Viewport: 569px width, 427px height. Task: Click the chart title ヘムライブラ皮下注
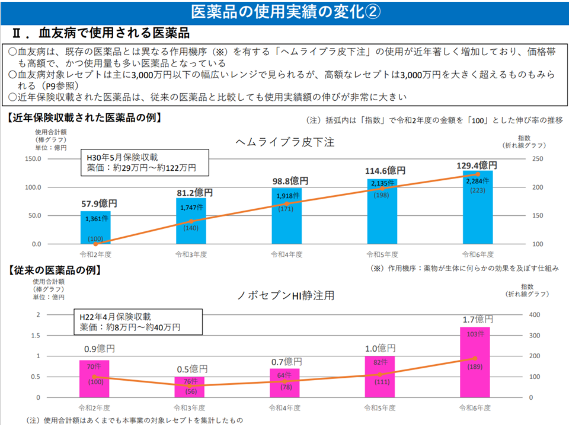[x=285, y=142]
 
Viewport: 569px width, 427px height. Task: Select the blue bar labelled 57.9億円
[x=95, y=228]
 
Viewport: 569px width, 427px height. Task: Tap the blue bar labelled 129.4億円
[x=477, y=208]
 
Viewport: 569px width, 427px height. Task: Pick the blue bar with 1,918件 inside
[x=287, y=216]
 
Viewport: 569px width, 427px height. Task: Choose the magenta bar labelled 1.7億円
[x=475, y=362]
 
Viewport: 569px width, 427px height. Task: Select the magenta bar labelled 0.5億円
[x=189, y=387]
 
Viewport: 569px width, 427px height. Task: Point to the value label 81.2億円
[x=191, y=192]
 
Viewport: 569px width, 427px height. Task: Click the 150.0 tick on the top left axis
[x=49, y=159]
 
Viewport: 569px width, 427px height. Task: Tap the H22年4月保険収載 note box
[x=137, y=322]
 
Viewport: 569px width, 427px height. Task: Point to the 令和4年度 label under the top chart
[x=286, y=254]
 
